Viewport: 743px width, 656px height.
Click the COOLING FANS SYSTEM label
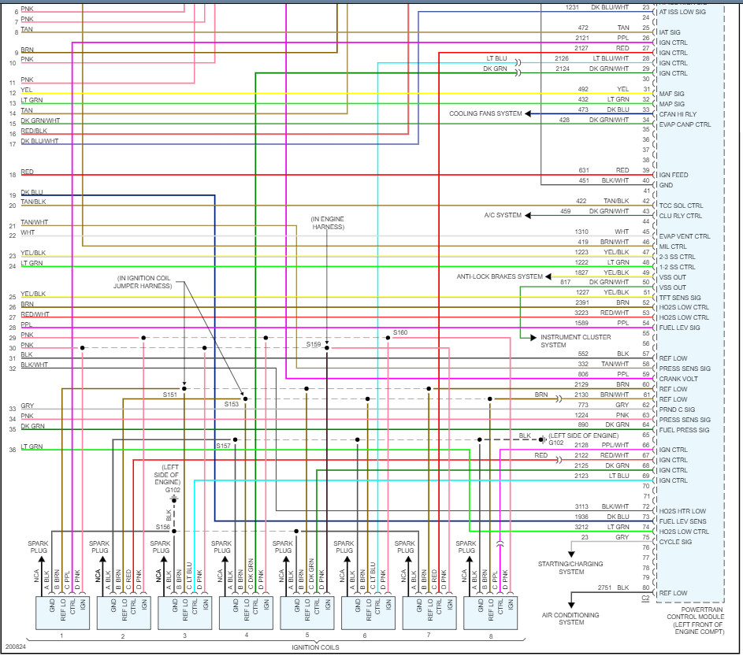click(485, 114)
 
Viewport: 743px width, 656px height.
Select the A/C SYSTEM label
click(503, 215)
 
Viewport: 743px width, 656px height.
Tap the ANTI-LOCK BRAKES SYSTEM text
click(500, 276)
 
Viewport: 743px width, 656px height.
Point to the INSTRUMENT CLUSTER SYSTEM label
click(564, 341)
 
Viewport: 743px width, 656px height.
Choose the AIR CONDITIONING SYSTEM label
click(570, 618)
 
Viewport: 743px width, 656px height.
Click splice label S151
click(171, 395)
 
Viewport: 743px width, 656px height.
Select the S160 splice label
click(400, 332)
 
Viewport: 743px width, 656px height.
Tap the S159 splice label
click(314, 344)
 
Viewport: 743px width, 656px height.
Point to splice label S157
click(224, 446)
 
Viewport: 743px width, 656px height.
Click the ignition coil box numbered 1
click(61, 613)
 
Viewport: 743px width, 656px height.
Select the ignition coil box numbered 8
click(490, 613)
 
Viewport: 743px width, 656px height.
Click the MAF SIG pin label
click(671, 94)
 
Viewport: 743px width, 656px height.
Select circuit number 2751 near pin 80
click(604, 587)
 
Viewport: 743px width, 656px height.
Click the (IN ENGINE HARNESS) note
click(327, 223)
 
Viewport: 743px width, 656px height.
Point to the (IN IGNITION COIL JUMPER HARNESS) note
click(155, 283)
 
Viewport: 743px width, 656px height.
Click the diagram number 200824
click(17, 647)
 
